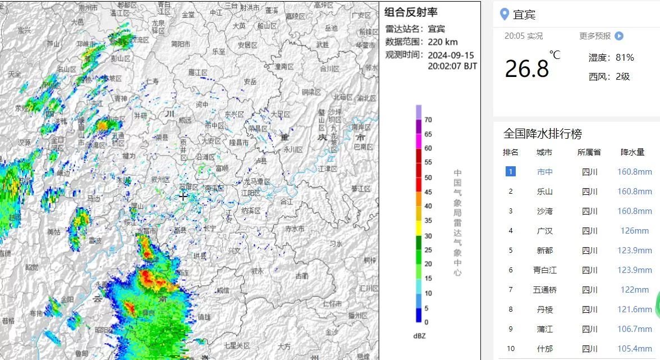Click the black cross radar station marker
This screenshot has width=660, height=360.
click(183, 196)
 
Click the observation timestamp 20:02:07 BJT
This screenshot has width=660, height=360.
click(452, 66)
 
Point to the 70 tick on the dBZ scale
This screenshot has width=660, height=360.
click(428, 120)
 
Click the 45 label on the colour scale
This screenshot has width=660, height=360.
click(428, 192)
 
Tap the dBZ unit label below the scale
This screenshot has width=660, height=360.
click(419, 336)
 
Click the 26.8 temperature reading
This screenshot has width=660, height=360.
click(526, 69)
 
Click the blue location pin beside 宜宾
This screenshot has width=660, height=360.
click(504, 15)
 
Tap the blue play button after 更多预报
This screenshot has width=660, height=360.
click(618, 36)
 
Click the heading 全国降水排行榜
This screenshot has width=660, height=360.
click(542, 134)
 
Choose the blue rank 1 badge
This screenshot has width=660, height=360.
click(510, 171)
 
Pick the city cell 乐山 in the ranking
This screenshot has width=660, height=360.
click(544, 192)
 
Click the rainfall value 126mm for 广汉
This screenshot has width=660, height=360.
click(635, 231)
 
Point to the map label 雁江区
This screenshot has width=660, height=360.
click(198, 72)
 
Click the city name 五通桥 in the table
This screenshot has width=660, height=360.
click(544, 290)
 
